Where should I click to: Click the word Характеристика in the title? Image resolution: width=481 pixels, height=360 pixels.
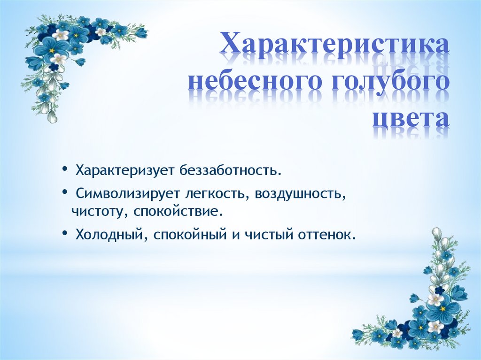[x=335, y=47]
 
